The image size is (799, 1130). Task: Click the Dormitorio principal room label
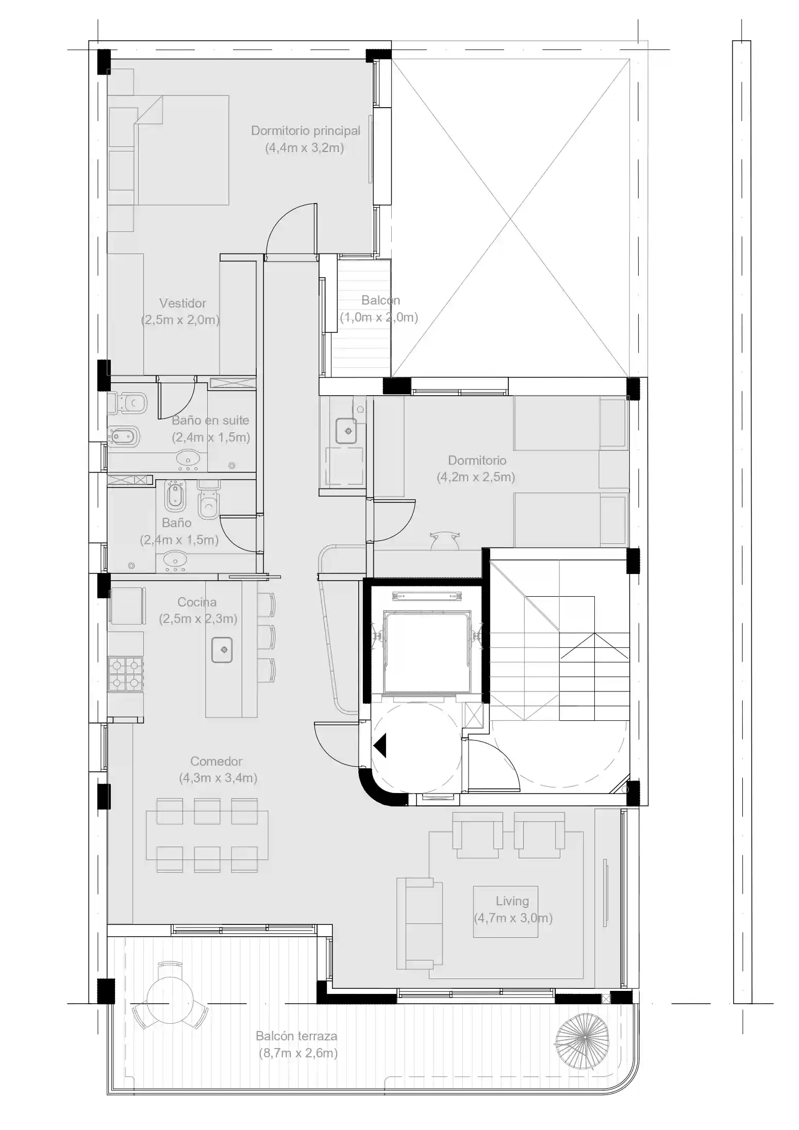tap(305, 131)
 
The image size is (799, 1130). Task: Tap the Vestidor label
tap(182, 303)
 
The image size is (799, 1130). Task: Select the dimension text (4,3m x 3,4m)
tap(218, 778)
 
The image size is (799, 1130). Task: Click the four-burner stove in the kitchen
tap(125, 674)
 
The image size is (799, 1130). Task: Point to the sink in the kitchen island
tap(222, 650)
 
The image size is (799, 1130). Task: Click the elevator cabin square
tap(427, 652)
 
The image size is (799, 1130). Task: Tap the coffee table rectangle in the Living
tap(505, 912)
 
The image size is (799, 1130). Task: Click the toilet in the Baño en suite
tap(128, 402)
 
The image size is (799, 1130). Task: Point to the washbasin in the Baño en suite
tap(188, 459)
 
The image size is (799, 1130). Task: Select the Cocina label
tap(197, 602)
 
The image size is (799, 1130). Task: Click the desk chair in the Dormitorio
tap(444, 540)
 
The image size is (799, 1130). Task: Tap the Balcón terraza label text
tap(296, 1036)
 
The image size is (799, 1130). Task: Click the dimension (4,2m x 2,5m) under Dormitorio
tap(476, 477)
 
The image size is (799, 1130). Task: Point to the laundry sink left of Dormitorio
tap(346, 430)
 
